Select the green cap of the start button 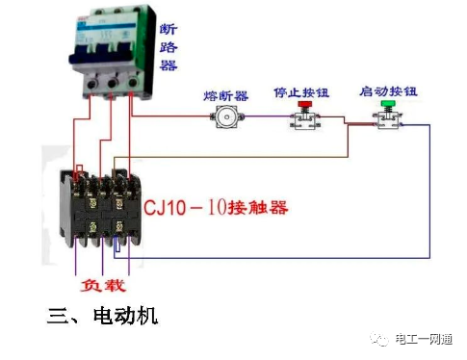tap(388, 104)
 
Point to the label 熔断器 tap(226, 96)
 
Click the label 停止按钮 tap(301, 93)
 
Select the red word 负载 tap(101, 286)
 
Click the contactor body tap(95, 207)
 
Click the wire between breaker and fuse tap(173, 117)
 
